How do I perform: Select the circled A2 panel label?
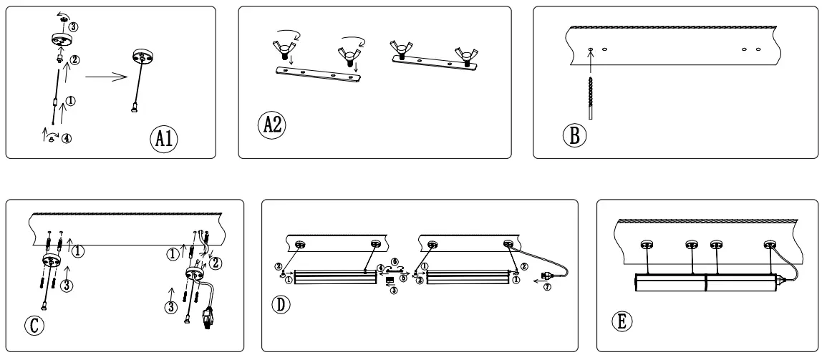tap(273, 124)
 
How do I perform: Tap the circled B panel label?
tap(574, 134)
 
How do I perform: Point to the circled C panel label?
tap(37, 326)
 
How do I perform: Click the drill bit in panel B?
tap(590, 93)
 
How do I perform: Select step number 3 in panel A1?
tap(73, 26)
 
